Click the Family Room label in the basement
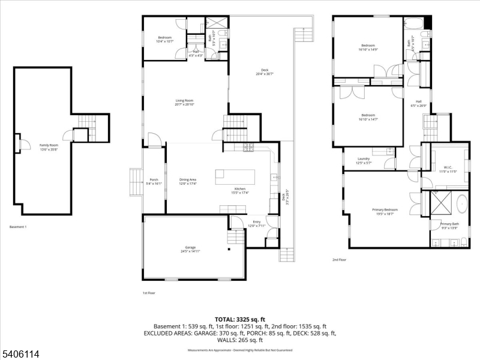49,146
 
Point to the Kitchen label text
241,190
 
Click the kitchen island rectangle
235,176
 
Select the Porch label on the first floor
153,182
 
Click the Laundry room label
364,161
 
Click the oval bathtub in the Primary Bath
462,204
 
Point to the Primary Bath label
449,225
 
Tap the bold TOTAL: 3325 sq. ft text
239,319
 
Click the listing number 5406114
20,354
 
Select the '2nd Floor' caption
340,260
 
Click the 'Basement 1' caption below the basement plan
18,227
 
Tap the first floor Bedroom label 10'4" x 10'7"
164,39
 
